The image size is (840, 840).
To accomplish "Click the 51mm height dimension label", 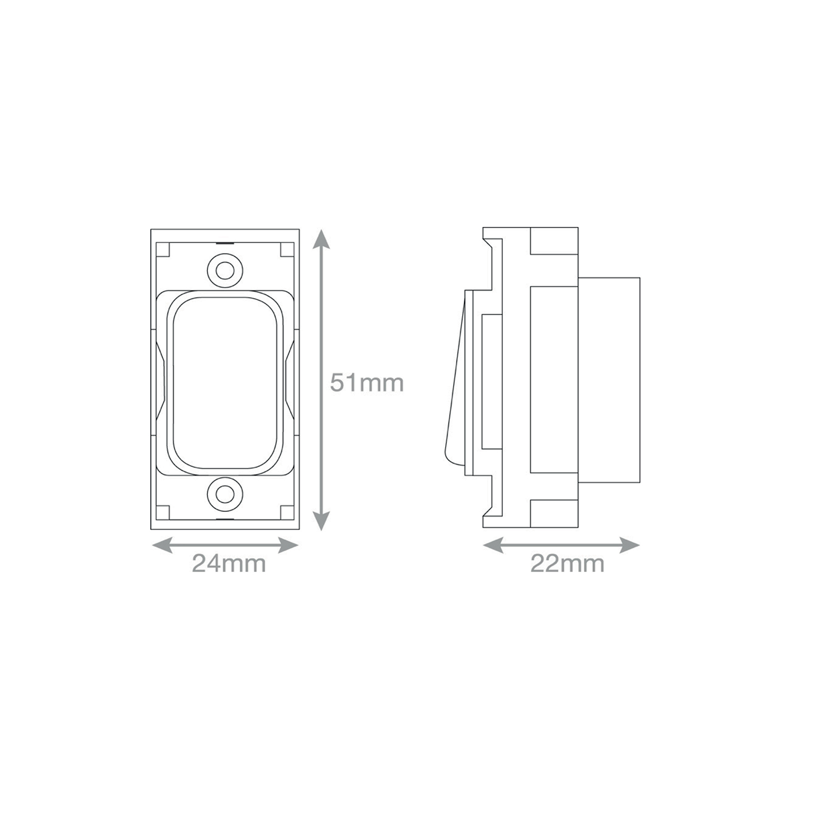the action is click(x=366, y=383).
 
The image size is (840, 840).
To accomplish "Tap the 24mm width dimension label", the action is click(x=229, y=563).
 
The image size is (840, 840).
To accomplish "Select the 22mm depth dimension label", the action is click(x=567, y=563).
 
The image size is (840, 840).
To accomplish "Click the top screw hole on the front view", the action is click(x=225, y=271).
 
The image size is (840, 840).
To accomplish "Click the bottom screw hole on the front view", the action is click(x=225, y=493).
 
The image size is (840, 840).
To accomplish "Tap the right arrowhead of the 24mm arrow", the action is click(x=289, y=545).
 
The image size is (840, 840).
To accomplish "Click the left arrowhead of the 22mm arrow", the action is click(x=493, y=545).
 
